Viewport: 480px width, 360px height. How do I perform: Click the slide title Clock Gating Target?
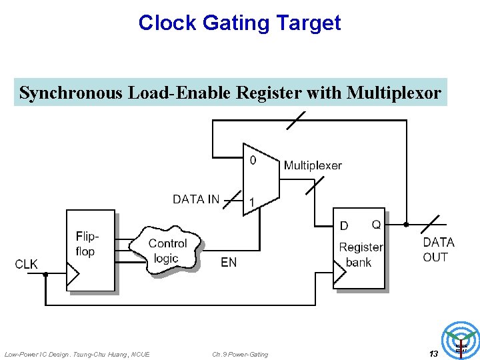239,23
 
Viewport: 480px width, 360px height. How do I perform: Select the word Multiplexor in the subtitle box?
394,93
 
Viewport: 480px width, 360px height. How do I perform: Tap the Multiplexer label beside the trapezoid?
313,165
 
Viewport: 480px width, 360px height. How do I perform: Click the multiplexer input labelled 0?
253,160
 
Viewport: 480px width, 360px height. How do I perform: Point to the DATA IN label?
195,199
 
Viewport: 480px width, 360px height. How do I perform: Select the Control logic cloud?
167,251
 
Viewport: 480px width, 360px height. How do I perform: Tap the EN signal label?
229,263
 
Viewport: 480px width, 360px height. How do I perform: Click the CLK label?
27,265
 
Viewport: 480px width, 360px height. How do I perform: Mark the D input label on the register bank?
344,226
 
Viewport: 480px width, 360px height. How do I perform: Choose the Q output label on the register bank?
376,225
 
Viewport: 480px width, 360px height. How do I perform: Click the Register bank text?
360,255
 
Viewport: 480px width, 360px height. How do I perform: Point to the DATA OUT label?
438,249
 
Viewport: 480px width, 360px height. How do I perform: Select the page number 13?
433,353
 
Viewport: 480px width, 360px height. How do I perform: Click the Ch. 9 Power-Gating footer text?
240,354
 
